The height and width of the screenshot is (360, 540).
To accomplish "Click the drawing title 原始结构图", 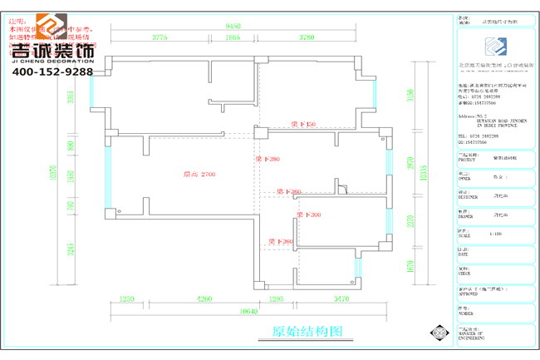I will [x=307, y=331].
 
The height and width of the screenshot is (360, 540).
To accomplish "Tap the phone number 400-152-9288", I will [x=52, y=72].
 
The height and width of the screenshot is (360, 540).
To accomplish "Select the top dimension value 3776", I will [x=160, y=37].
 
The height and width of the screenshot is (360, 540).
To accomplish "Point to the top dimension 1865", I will [x=233, y=37].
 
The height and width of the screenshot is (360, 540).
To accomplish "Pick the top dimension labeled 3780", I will [x=307, y=37].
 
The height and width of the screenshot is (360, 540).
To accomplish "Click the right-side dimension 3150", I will [x=410, y=98].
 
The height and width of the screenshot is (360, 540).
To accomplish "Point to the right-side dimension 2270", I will [x=410, y=221].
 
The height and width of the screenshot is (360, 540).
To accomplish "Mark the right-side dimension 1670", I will [x=410, y=266].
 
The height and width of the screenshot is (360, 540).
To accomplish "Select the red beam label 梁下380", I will [x=268, y=159].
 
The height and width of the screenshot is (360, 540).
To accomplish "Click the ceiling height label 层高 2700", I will [x=199, y=175].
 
